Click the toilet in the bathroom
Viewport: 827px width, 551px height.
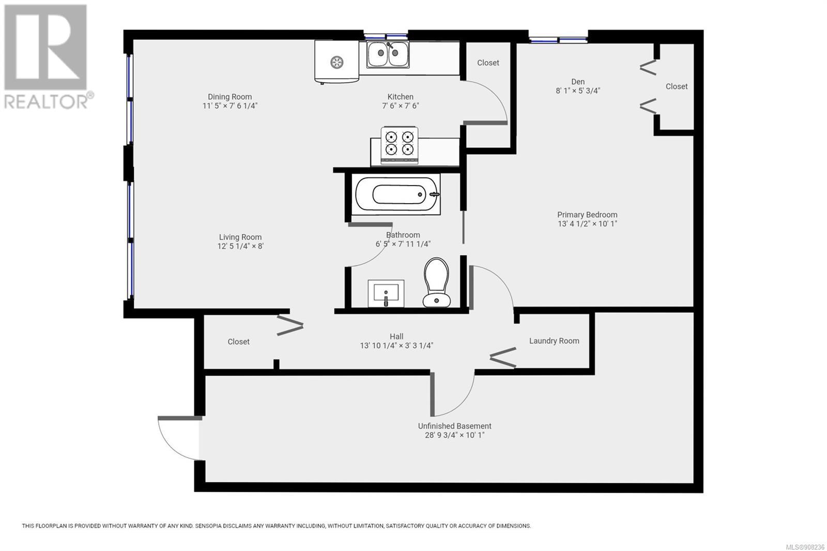436,283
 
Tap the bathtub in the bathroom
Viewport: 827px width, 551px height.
396,194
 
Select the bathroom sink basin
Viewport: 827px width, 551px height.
386,293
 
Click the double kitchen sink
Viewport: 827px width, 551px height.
388,54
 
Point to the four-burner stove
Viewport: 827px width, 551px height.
400,145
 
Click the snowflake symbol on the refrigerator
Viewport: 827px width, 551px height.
336,62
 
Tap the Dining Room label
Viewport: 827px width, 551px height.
229,97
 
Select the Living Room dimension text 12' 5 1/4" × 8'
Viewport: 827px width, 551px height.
240,246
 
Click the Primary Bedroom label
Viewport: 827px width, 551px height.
587,215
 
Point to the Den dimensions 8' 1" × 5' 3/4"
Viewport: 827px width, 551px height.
578,90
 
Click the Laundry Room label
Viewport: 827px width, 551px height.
554,341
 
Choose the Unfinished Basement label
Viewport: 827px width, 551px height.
454,426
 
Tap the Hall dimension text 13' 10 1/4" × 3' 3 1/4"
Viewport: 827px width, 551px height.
396,346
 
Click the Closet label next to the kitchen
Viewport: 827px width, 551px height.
488,63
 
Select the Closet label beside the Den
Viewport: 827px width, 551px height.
677,86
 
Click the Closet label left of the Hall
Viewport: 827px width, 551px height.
238,342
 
